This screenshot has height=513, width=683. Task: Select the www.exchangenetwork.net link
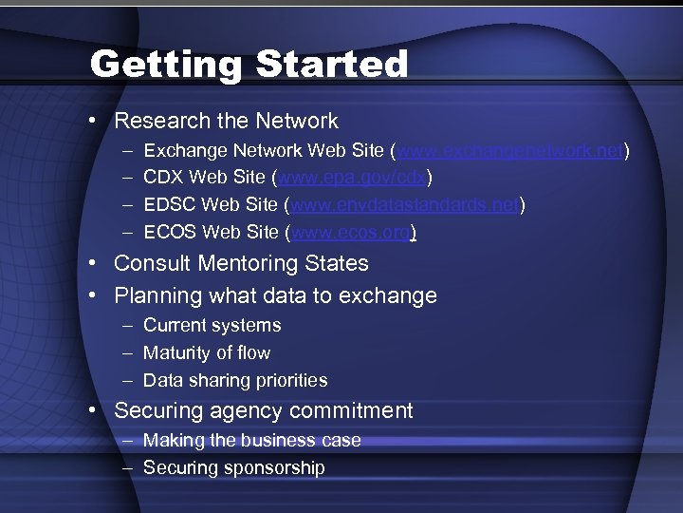coord(510,150)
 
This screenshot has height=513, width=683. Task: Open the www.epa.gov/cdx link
coord(352,178)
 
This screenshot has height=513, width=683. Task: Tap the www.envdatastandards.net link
coord(405,204)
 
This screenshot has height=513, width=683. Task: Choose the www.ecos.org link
coord(351,232)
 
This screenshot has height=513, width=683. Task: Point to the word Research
coord(157,121)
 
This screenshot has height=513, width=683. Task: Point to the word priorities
coord(291,380)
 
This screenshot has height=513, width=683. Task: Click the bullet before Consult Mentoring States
coord(98,263)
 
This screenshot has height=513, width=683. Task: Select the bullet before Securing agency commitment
coord(98,410)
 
